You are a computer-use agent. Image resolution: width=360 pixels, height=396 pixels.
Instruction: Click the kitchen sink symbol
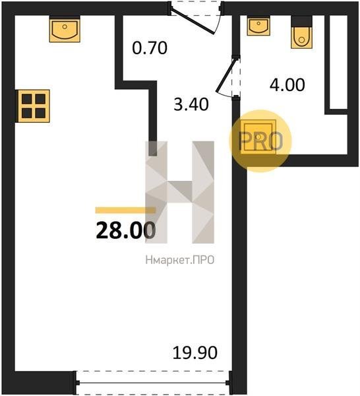[65, 29]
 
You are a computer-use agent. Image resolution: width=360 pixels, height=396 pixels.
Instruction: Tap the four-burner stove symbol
[33, 106]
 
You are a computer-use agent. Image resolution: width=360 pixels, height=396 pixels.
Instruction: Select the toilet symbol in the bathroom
[301, 32]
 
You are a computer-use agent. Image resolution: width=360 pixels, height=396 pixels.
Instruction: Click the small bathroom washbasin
[258, 26]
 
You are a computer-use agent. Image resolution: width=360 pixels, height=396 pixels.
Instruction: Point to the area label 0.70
[150, 48]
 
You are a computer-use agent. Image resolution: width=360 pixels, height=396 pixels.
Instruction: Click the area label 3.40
[191, 104]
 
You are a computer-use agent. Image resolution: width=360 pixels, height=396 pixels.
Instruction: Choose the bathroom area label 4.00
[287, 84]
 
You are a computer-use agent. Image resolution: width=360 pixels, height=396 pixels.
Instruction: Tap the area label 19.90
[195, 353]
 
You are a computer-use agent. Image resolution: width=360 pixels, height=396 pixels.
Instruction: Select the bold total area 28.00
[126, 230]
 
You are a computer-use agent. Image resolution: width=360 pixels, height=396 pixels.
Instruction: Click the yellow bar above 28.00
[125, 210]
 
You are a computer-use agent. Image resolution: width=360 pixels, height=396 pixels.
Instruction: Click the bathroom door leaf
[225, 75]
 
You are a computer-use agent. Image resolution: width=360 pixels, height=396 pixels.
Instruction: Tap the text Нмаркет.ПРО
[180, 260]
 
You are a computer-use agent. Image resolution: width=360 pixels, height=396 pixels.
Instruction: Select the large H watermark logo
[179, 192]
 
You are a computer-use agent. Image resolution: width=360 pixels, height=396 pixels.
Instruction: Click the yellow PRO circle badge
[260, 141]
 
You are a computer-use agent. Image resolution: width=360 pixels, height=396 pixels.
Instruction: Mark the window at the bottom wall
[153, 383]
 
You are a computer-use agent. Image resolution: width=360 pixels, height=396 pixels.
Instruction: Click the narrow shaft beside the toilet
[338, 62]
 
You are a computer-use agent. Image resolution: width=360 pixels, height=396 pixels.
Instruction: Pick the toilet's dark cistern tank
[301, 21]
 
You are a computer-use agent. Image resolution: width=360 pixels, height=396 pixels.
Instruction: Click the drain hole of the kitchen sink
[65, 26]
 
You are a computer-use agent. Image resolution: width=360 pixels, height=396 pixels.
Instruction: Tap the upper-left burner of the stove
[27, 99]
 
